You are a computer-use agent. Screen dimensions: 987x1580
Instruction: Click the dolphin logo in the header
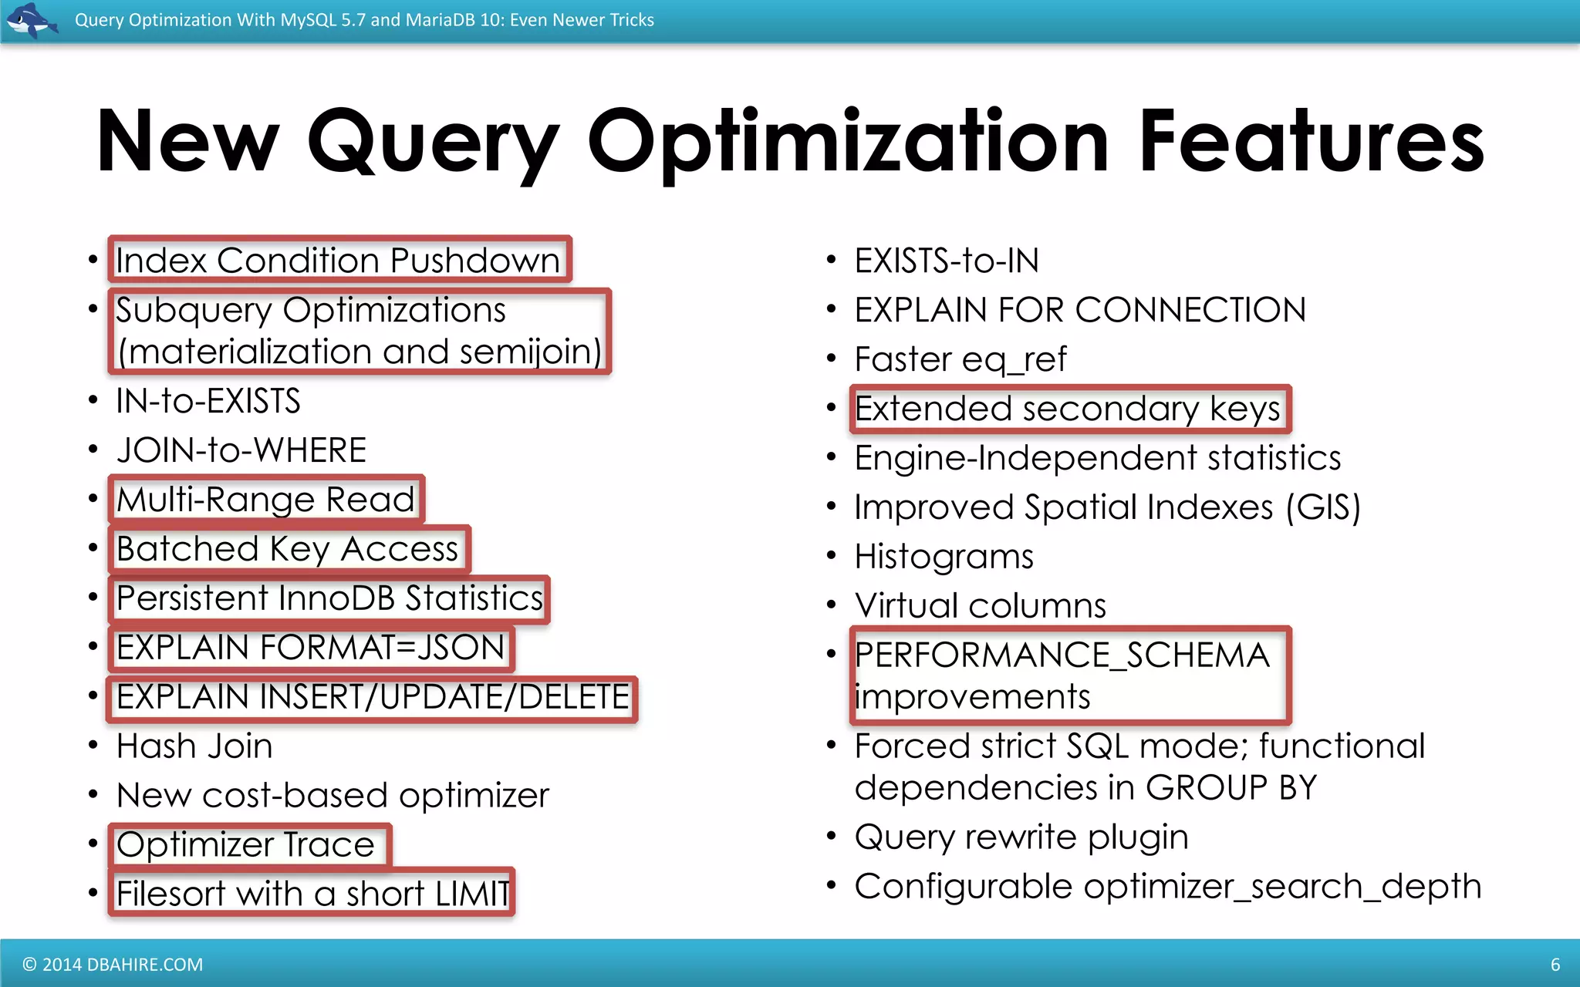tap(31, 20)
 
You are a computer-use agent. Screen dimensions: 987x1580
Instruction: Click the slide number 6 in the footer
tap(1555, 964)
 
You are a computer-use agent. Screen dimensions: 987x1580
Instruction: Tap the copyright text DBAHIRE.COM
tap(113, 964)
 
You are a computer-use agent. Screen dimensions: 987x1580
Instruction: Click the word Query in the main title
tap(433, 142)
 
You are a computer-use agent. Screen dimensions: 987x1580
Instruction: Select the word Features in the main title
tap(1312, 142)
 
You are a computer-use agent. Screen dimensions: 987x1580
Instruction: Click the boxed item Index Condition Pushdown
tap(338, 261)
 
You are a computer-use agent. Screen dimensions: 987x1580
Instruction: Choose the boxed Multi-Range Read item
tap(266, 500)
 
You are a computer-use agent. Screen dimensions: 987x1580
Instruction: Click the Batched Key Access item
tap(288, 549)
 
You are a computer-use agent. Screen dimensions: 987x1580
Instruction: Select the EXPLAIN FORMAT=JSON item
tap(311, 648)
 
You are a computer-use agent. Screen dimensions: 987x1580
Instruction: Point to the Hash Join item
tap(194, 746)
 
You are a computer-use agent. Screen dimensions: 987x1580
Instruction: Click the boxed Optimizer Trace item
tap(246, 845)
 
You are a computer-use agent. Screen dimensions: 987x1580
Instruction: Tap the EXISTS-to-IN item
tap(947, 261)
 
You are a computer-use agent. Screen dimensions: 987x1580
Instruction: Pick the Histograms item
tap(944, 557)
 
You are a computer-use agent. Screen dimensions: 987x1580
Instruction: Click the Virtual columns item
tap(981, 606)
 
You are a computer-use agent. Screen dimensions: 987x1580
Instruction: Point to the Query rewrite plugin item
tap(1021, 837)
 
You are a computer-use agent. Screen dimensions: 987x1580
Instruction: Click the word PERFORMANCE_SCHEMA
tap(1062, 655)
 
